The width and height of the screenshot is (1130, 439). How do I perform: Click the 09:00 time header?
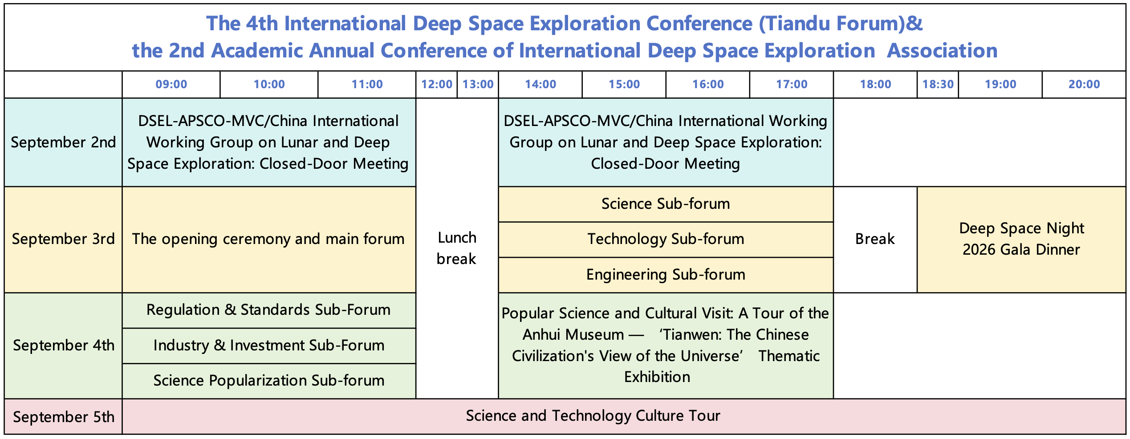tap(171, 85)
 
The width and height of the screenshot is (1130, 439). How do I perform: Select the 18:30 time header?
tap(938, 85)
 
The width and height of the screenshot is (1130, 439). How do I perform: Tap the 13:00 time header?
tap(478, 85)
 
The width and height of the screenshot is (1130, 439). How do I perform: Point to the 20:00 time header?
tap(1084, 85)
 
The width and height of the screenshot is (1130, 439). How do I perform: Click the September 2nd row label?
tap(63, 142)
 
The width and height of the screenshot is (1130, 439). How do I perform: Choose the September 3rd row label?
tap(63, 240)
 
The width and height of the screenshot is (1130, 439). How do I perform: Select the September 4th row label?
tap(63, 346)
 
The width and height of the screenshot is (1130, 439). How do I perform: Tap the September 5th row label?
tap(63, 417)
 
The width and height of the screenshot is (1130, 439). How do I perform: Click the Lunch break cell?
tap(457, 248)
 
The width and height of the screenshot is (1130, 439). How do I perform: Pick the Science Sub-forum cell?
tap(666, 204)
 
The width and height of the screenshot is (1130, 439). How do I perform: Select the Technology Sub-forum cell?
tap(666, 240)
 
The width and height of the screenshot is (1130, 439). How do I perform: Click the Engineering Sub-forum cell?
tap(666, 275)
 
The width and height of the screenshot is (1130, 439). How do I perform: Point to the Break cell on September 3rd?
tap(875, 240)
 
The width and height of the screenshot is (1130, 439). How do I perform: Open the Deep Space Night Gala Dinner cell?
tap(1021, 240)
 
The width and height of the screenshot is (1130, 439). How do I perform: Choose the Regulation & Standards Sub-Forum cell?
tap(269, 310)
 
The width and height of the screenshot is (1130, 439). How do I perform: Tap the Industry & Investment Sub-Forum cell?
tap(269, 346)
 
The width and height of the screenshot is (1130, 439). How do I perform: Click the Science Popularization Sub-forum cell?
tap(269, 381)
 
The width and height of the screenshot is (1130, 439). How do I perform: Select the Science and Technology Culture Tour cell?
tap(624, 416)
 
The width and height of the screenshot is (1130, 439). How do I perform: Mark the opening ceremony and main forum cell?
tap(269, 240)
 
